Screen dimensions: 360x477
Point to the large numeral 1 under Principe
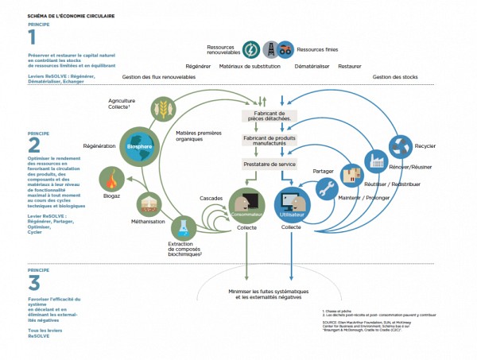[x=33, y=37]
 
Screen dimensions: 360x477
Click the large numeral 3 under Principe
[x=33, y=282]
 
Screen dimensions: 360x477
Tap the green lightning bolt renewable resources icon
[x=249, y=48]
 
